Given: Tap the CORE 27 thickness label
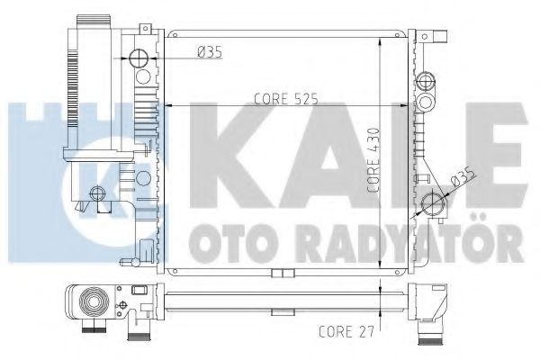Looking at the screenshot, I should click(x=346, y=330).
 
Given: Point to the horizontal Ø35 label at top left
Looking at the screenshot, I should click(x=208, y=52).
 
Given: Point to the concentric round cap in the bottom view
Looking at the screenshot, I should click(x=92, y=303).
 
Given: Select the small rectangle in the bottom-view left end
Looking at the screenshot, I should click(x=139, y=291).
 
